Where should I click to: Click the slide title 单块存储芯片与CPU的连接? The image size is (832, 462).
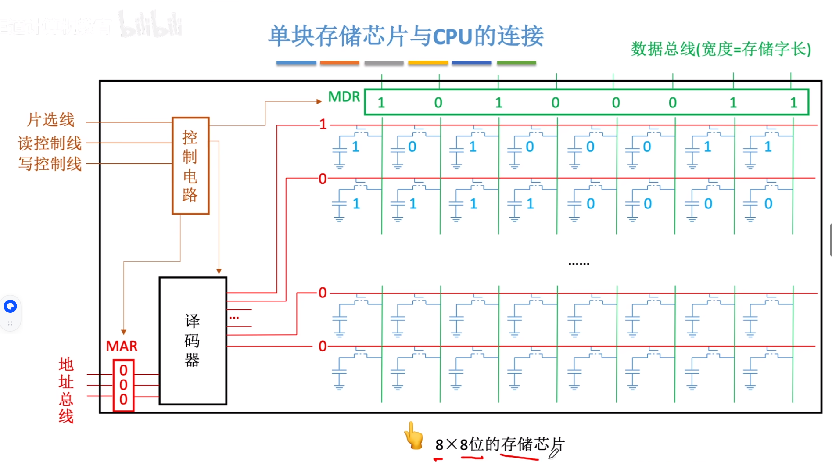(406, 36)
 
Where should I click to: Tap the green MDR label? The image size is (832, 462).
(344, 97)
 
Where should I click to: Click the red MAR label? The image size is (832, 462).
(122, 346)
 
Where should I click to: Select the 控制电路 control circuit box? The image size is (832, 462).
(190, 166)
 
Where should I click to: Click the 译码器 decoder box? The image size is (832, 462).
(193, 340)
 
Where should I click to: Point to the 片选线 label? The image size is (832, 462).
(51, 120)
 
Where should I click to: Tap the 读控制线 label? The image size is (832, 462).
(50, 143)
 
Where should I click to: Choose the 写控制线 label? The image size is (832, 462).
(50, 164)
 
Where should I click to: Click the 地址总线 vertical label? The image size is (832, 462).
(66, 390)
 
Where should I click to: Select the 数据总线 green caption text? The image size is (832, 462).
(721, 49)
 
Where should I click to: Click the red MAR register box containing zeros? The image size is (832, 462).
(123, 385)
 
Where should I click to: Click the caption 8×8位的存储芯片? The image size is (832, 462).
(499, 444)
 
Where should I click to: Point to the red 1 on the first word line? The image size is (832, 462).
(323, 125)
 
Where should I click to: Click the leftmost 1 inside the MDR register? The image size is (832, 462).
(381, 103)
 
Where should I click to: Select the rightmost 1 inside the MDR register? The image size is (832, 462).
(793, 103)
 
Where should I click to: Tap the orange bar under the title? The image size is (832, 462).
(340, 63)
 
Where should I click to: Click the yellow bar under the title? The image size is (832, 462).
(428, 63)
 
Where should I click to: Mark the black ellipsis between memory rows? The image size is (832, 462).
(579, 264)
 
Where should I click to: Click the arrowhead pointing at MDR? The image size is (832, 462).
(319, 101)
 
